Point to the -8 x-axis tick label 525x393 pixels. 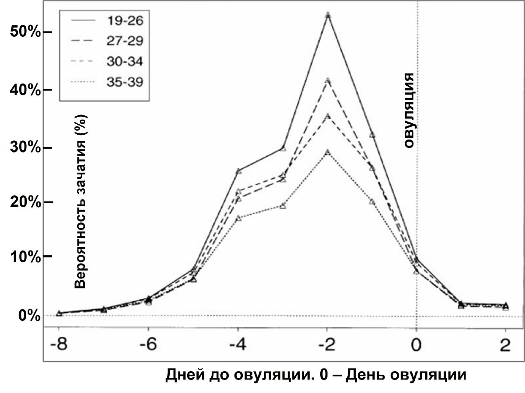click(x=59, y=345)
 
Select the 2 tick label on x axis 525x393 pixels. click(x=505, y=345)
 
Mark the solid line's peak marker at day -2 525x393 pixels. click(x=328, y=15)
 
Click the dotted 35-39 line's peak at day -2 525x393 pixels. click(x=327, y=152)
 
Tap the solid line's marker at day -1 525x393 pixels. click(x=372, y=135)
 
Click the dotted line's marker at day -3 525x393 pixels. click(x=283, y=206)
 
